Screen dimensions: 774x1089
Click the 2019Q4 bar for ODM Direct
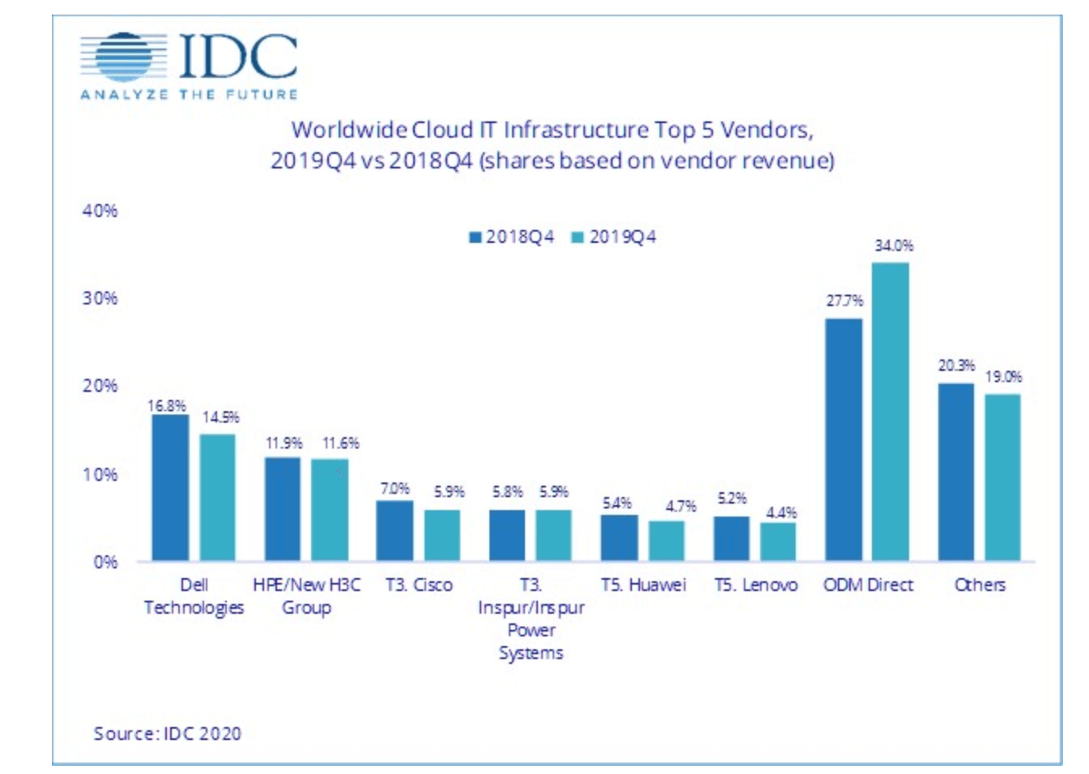890,411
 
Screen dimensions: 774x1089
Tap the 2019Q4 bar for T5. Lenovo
778,541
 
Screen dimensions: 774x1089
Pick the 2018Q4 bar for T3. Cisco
395,530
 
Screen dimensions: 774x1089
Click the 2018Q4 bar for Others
956,472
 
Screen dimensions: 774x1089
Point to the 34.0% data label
894,245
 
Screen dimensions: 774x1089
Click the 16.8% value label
166,406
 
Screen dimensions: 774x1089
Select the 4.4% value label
781,512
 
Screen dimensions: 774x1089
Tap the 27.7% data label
844,301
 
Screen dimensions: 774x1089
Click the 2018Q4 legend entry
512,237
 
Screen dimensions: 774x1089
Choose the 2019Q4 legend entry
614,237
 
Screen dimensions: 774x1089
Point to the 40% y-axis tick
100,211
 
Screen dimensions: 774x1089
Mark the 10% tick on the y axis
100,474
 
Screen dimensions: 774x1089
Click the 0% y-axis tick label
105,562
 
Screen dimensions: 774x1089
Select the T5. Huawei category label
643,585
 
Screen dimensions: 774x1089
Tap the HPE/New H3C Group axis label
306,596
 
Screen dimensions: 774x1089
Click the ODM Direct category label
868,585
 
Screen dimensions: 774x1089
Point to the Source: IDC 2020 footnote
167,734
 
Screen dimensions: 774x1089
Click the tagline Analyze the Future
189,95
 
